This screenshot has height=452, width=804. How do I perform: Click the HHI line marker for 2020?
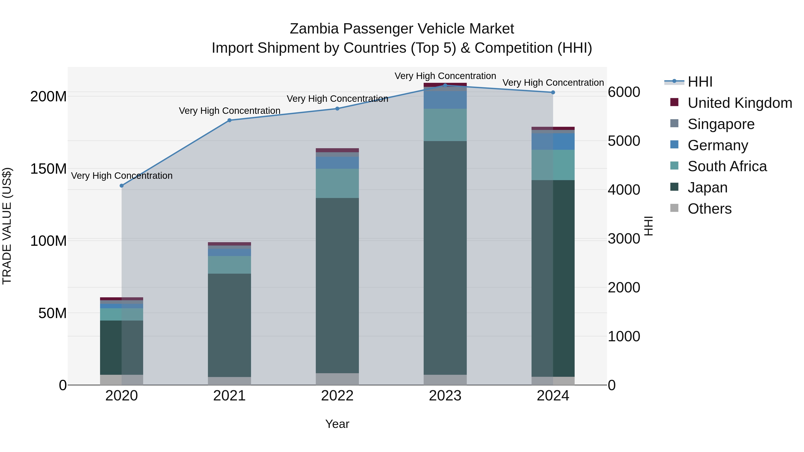point(122,186)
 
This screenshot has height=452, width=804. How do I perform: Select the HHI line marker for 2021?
point(229,120)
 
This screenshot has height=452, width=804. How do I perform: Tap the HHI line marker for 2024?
point(553,92)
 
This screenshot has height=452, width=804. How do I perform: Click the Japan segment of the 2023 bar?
point(445,257)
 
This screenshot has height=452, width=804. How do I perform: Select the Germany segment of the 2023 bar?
point(445,100)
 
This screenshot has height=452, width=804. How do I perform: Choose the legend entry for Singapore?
point(721,124)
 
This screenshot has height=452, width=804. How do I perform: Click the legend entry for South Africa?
point(727,166)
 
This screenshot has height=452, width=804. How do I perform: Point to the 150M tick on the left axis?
point(48,169)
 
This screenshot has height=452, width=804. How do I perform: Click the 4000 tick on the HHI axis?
point(624,190)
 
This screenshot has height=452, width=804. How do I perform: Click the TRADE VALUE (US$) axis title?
point(7,226)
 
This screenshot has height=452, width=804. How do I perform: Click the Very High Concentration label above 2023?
point(445,76)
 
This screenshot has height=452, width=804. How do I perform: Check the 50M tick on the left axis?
point(52,313)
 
